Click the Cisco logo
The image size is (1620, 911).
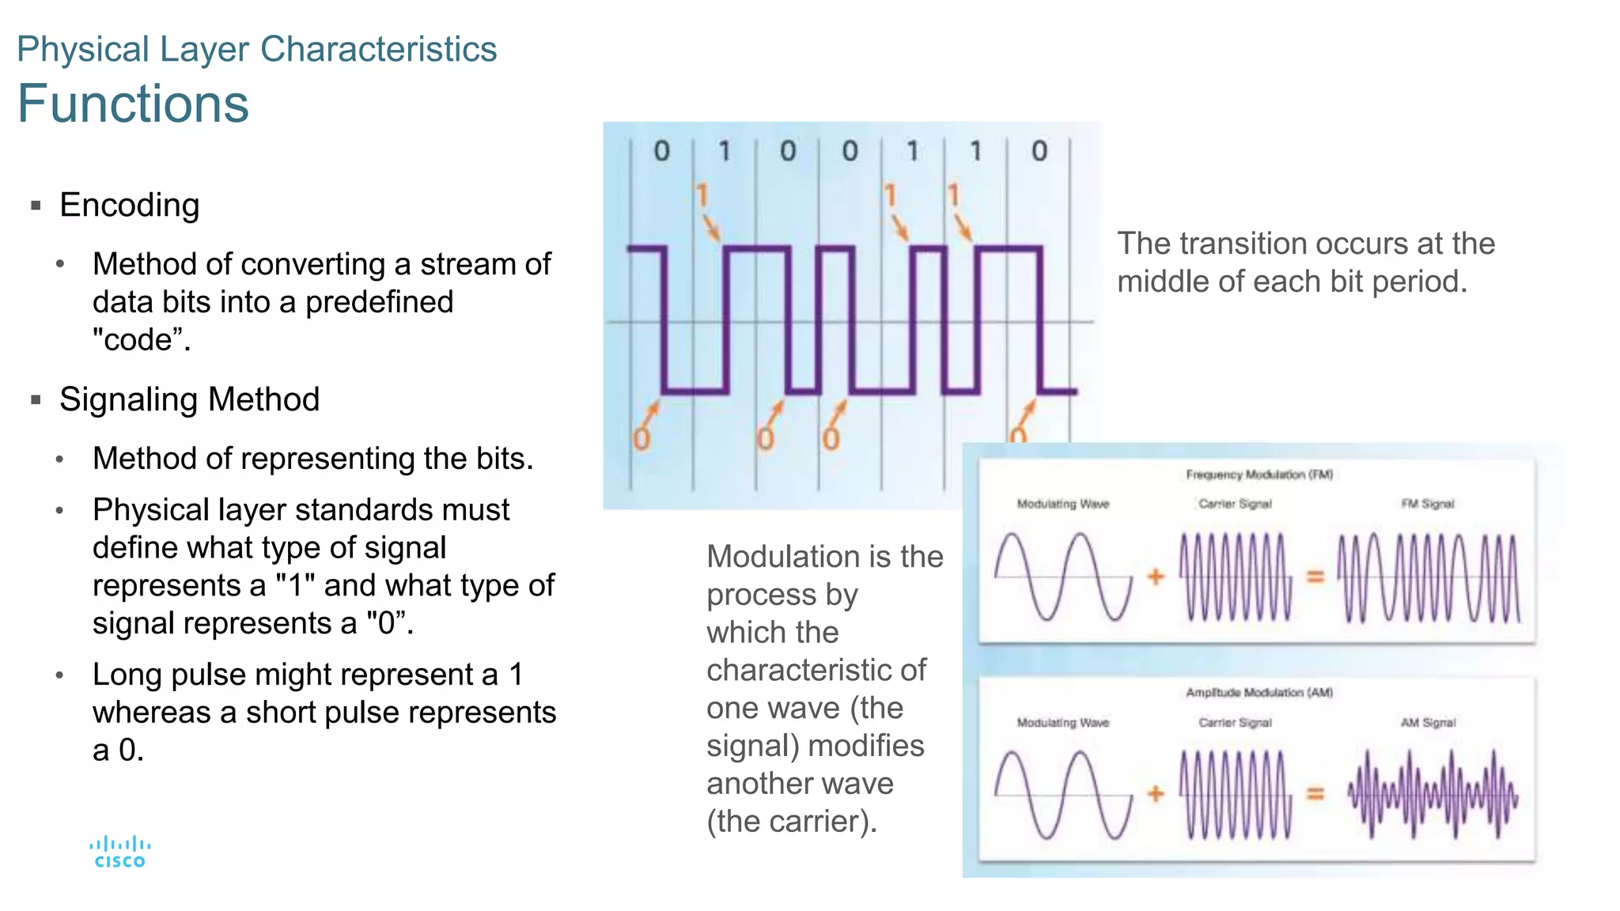tap(119, 852)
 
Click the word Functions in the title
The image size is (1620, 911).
tap(133, 104)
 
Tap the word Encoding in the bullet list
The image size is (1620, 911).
tap(130, 205)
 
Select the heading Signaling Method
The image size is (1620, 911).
tap(189, 399)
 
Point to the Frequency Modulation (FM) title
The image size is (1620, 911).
tap(1259, 474)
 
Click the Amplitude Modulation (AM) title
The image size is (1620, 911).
tap(1259, 693)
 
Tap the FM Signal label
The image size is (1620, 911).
tap(1427, 504)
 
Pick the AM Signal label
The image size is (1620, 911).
tap(1428, 723)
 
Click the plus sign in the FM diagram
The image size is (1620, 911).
tap(1156, 576)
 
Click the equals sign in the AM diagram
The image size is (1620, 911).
tap(1315, 793)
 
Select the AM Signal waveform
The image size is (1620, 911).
tap(1433, 794)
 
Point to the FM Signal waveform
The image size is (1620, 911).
tap(1428, 577)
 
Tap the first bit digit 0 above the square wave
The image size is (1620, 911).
tap(661, 151)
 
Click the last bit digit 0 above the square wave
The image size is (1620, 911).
tap(1039, 151)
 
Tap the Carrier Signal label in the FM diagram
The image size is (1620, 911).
tap(1235, 504)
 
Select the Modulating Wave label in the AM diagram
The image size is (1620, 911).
tap(1062, 723)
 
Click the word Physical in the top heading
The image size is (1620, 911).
tap(83, 49)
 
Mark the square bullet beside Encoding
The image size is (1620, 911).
tap(36, 206)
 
